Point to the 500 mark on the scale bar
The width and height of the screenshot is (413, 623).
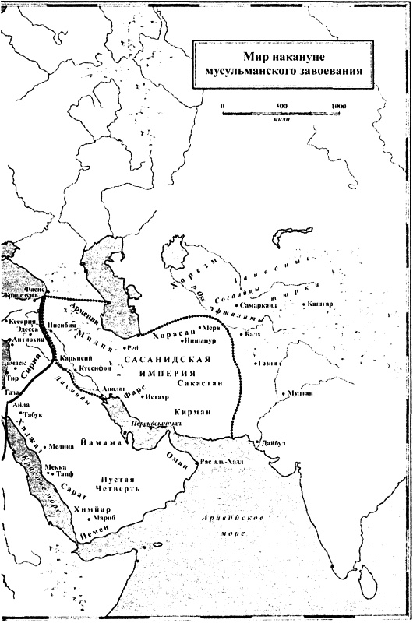[x=281, y=105]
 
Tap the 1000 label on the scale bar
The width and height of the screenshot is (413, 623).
[x=337, y=105]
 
